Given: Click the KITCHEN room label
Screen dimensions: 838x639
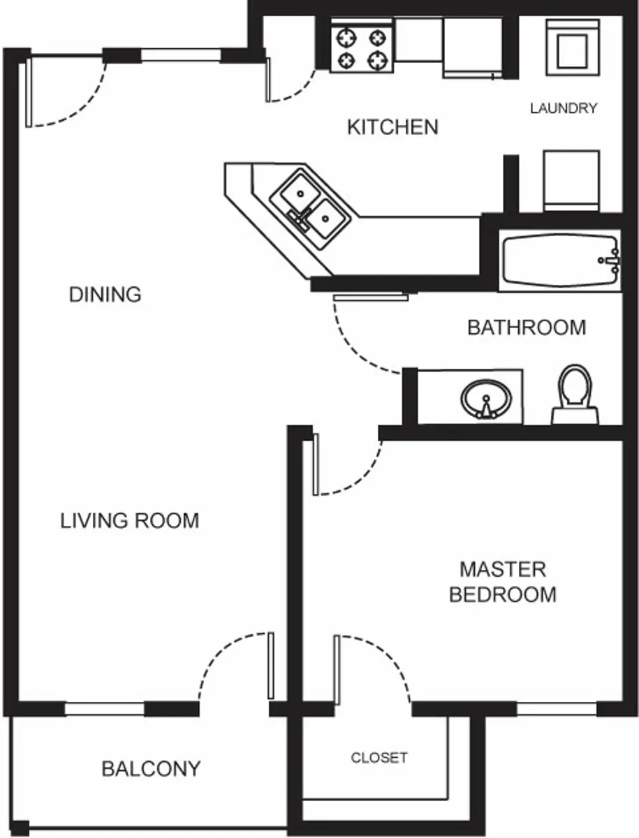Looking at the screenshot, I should (392, 127).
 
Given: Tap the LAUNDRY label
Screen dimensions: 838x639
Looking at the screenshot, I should (563, 108).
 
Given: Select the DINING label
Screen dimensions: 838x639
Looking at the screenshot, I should (105, 294).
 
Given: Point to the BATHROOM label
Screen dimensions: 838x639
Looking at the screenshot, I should (526, 327).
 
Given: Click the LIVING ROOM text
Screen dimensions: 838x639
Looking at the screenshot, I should (129, 520).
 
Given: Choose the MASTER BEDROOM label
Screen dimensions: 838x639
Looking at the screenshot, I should (502, 582).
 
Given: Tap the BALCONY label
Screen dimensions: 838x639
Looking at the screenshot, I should (151, 769).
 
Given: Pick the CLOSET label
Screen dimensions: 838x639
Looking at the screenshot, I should (379, 758).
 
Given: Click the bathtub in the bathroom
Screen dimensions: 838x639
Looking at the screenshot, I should (559, 261).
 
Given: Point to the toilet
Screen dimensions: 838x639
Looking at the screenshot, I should (575, 395).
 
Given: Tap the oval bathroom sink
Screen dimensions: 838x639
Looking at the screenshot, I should (486, 399).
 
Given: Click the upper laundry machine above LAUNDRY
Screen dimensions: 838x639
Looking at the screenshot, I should (572, 47).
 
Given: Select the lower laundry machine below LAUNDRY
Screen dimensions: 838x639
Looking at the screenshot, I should (571, 179).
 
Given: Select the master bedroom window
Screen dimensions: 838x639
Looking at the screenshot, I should (557, 710).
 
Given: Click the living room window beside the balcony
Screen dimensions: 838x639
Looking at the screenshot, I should (105, 710).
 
